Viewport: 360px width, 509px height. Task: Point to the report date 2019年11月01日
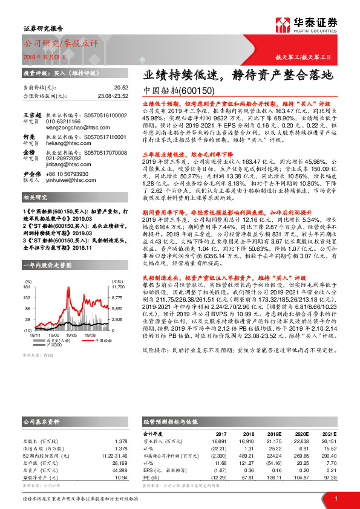click(45, 56)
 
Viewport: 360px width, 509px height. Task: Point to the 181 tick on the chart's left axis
click(27, 287)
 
